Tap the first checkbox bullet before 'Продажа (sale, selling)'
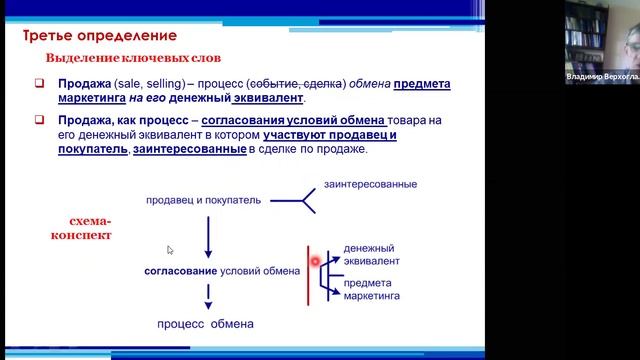pos(39,84)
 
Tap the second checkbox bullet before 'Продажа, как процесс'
pos(39,120)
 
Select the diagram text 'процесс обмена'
pos(205,324)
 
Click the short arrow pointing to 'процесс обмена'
pos(207,296)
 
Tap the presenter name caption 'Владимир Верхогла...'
pos(601,76)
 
